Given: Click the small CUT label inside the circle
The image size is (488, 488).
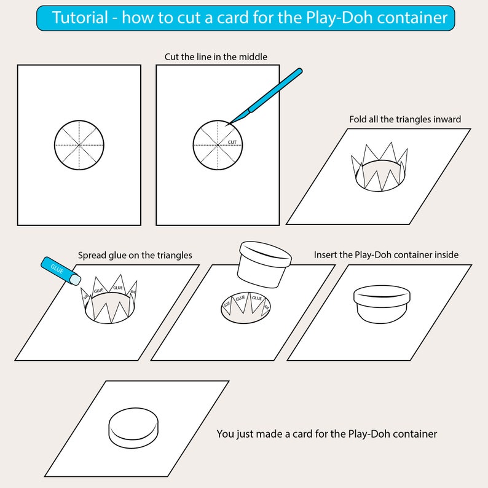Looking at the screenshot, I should click(x=232, y=142).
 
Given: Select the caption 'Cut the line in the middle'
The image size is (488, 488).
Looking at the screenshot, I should click(x=216, y=57).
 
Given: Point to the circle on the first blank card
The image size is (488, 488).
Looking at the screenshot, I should click(x=79, y=145).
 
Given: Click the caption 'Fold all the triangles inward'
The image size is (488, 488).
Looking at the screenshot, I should click(x=404, y=119).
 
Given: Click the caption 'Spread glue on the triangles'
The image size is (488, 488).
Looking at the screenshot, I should click(x=135, y=255).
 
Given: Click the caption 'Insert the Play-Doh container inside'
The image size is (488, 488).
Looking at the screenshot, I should click(x=386, y=254).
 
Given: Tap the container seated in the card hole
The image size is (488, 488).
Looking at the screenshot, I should click(x=381, y=304).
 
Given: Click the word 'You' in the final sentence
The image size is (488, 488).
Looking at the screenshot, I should click(x=225, y=434).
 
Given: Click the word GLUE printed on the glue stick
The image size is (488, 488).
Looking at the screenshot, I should click(x=57, y=269).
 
